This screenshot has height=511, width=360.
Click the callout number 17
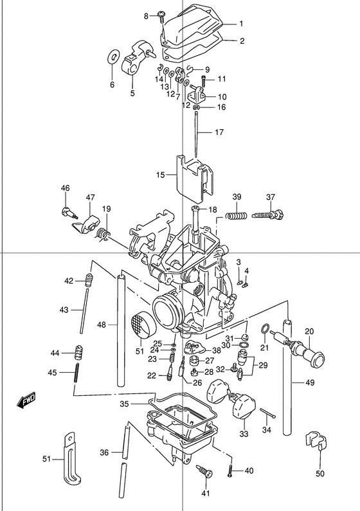click(x=219, y=132)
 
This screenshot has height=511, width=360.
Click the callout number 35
click(x=125, y=404)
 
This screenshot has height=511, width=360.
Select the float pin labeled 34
click(x=268, y=413)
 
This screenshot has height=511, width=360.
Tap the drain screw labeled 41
click(x=204, y=471)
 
